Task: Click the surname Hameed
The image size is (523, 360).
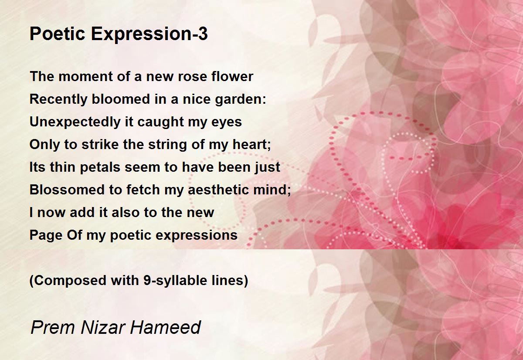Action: pos(165,327)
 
